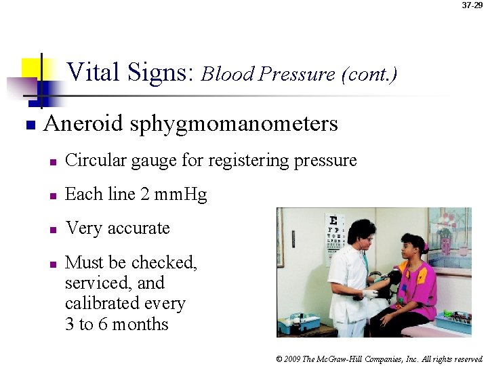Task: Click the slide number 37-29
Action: pyautogui.click(x=472, y=5)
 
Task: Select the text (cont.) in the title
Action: pyautogui.click(x=369, y=74)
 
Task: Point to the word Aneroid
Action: pyautogui.click(x=83, y=124)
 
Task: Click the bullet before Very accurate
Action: pyautogui.click(x=52, y=230)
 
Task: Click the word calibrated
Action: pyautogui.click(x=101, y=304)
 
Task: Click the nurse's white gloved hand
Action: pyautogui.click(x=369, y=293)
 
